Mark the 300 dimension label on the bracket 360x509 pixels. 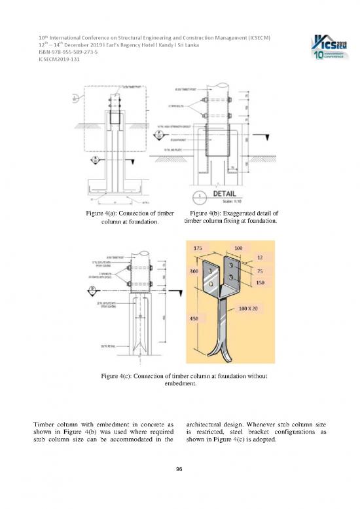[194, 271]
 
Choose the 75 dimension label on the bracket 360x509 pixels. [260, 271]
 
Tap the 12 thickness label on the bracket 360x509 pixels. [260, 258]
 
